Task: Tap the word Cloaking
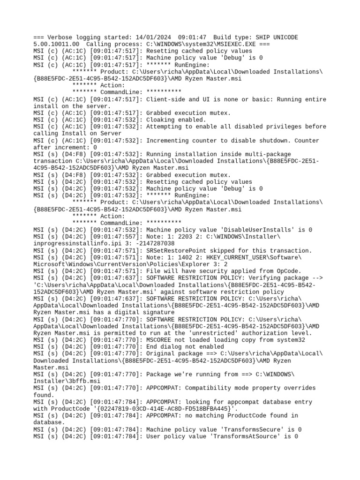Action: [x=162, y=120]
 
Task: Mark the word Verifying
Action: [x=258, y=278]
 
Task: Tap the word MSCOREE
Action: [x=160, y=340]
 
